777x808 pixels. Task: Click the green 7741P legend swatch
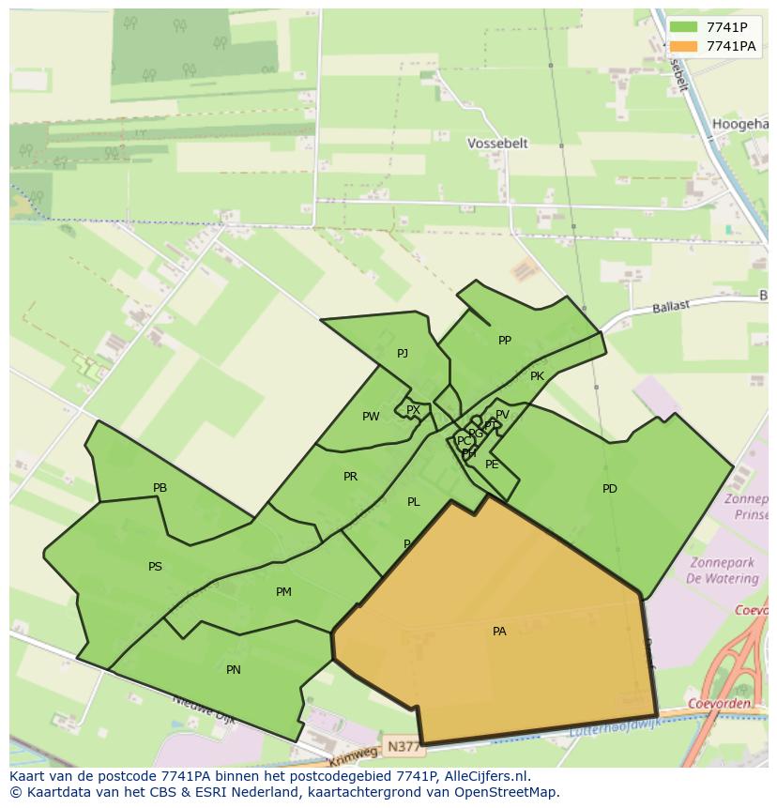pos(684,27)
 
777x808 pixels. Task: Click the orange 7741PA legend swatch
pos(684,46)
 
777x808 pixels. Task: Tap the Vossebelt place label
pos(497,144)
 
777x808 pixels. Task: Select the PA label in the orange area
pos(499,632)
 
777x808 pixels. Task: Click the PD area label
pos(610,488)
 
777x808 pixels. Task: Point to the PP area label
pos(505,341)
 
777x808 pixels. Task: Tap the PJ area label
pos(403,354)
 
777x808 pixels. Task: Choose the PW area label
pos(371,417)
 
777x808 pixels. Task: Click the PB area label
pos(160,488)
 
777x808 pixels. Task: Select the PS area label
pos(155,567)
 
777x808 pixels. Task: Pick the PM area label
pos(283,592)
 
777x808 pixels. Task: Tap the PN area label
pos(234,670)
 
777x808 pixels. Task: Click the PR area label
pos(350,477)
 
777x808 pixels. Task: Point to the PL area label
pos(413,502)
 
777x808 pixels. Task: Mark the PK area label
pos(537,376)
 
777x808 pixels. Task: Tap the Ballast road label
pos(671,306)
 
